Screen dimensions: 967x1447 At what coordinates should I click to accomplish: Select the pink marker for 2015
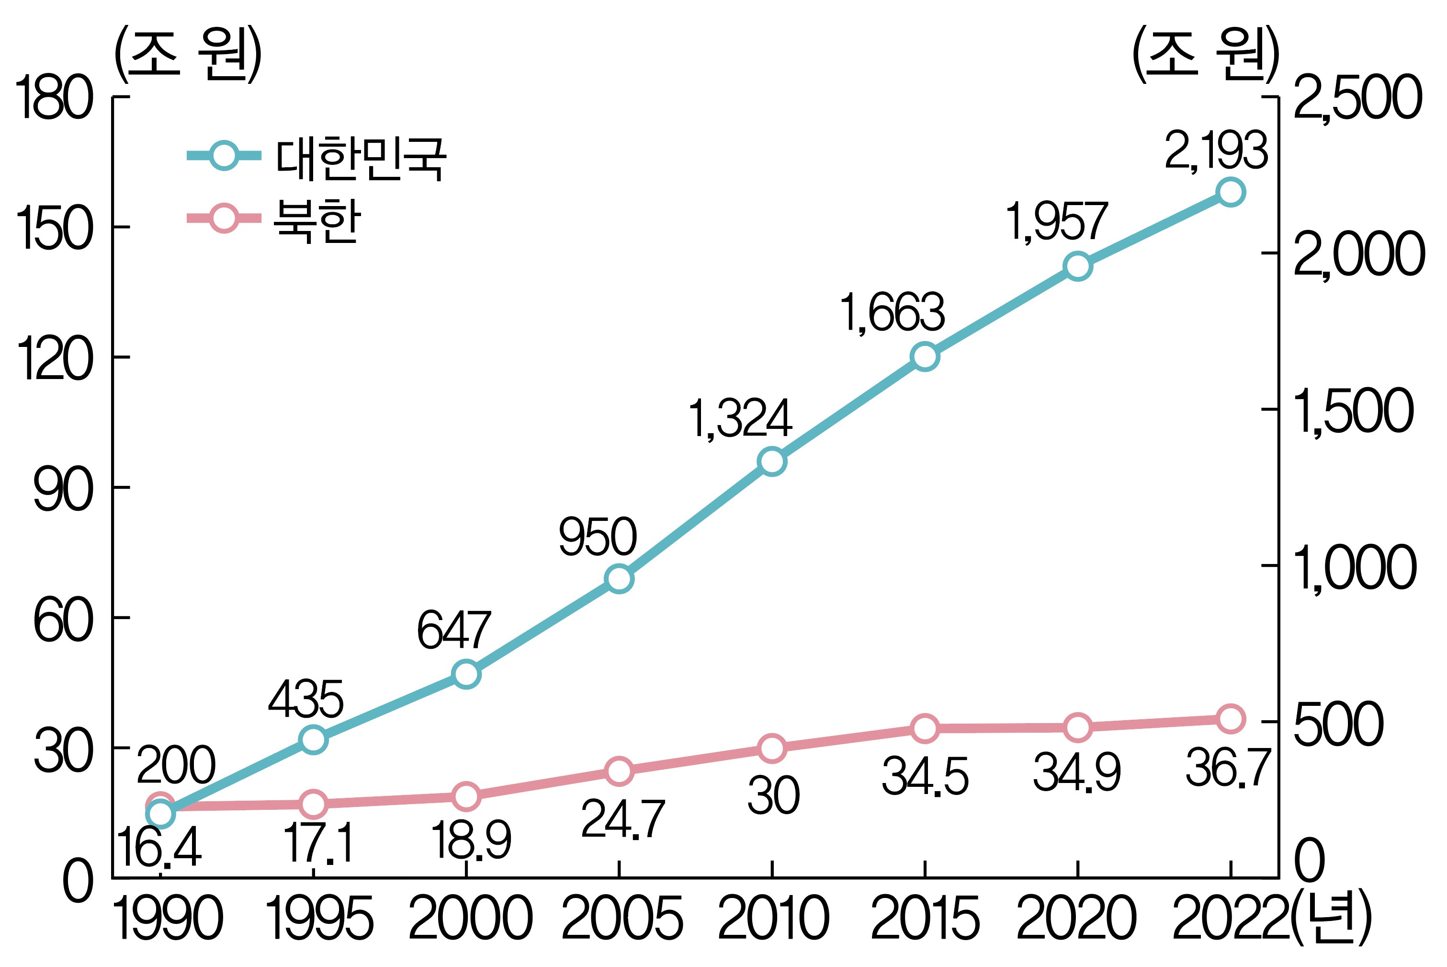tap(925, 728)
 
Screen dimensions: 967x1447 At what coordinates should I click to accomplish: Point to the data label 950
tap(597, 537)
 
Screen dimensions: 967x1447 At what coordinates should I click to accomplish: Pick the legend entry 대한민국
tap(361, 159)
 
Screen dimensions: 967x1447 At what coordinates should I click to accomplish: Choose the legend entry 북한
tap(317, 221)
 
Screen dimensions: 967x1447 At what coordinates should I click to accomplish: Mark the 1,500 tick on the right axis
tap(1353, 411)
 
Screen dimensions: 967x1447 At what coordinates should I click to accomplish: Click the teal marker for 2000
tap(466, 674)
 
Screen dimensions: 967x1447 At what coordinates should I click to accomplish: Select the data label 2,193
tap(1215, 151)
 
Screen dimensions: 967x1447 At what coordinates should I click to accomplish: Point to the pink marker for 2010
tap(771, 748)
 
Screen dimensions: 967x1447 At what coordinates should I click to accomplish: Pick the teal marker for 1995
tap(313, 739)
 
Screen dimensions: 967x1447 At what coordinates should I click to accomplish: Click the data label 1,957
tap(1056, 221)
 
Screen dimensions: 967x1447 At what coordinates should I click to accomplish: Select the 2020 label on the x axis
tap(1076, 919)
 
